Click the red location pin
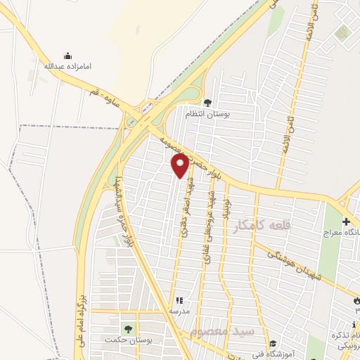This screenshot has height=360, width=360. (180, 165)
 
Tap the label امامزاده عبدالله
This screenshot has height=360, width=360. (67, 66)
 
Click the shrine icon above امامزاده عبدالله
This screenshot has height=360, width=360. (67, 56)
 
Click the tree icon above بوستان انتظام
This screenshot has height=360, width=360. (207, 103)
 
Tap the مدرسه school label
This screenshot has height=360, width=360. (179, 310)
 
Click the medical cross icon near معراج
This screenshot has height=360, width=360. (345, 221)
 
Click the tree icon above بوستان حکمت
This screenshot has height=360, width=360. (127, 329)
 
